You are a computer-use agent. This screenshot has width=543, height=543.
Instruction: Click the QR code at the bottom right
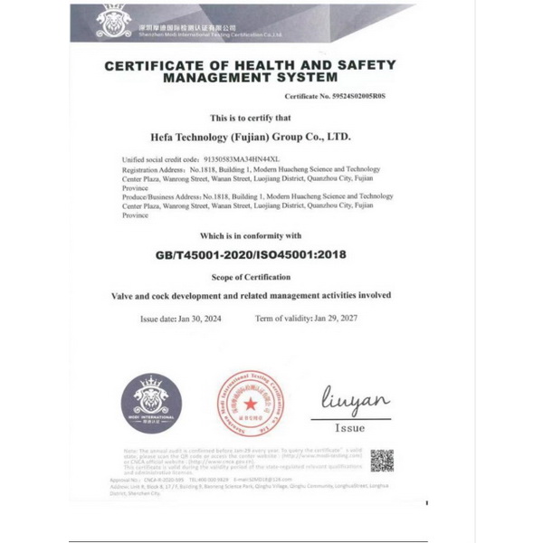[x=381, y=461]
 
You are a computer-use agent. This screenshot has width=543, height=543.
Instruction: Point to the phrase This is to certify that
[x=251, y=118]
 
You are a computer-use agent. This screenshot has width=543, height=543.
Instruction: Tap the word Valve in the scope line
[x=125, y=296]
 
